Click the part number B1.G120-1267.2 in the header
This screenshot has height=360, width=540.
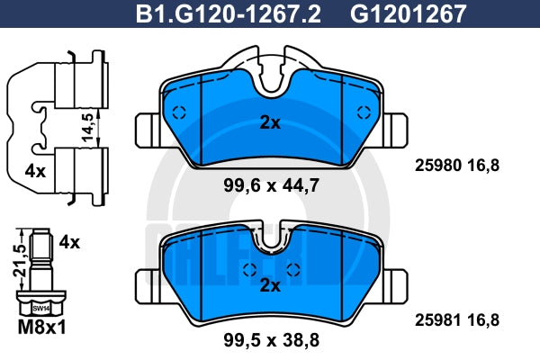(229, 14)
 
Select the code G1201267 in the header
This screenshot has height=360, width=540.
(408, 14)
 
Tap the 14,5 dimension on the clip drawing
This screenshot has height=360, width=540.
(88, 127)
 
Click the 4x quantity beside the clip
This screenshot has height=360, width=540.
(35, 171)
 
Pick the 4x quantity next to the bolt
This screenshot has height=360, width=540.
(69, 242)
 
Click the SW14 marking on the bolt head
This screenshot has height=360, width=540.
(41, 309)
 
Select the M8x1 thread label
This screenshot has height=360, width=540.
(41, 328)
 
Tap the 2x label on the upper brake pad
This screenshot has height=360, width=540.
(270, 122)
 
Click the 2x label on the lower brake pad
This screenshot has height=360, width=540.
(270, 285)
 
